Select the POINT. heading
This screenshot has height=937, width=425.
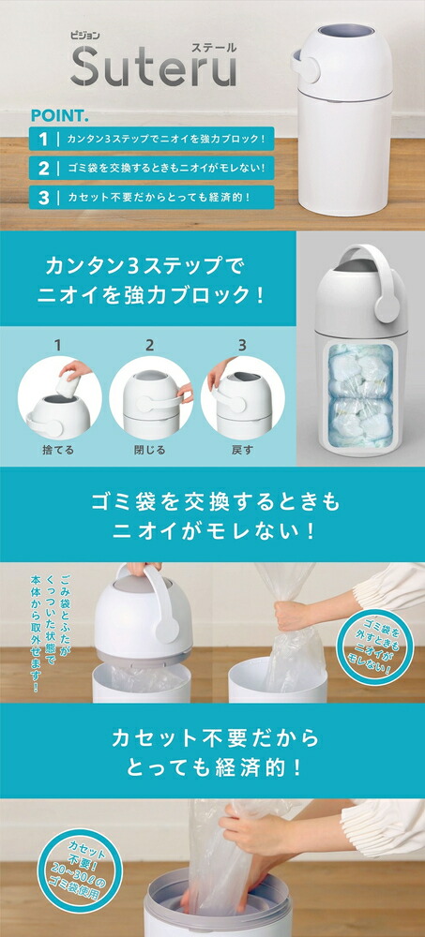[60, 116]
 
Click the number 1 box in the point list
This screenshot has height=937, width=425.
[43, 139]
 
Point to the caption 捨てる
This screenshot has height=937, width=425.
[56, 451]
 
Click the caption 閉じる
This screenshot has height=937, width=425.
[150, 451]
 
